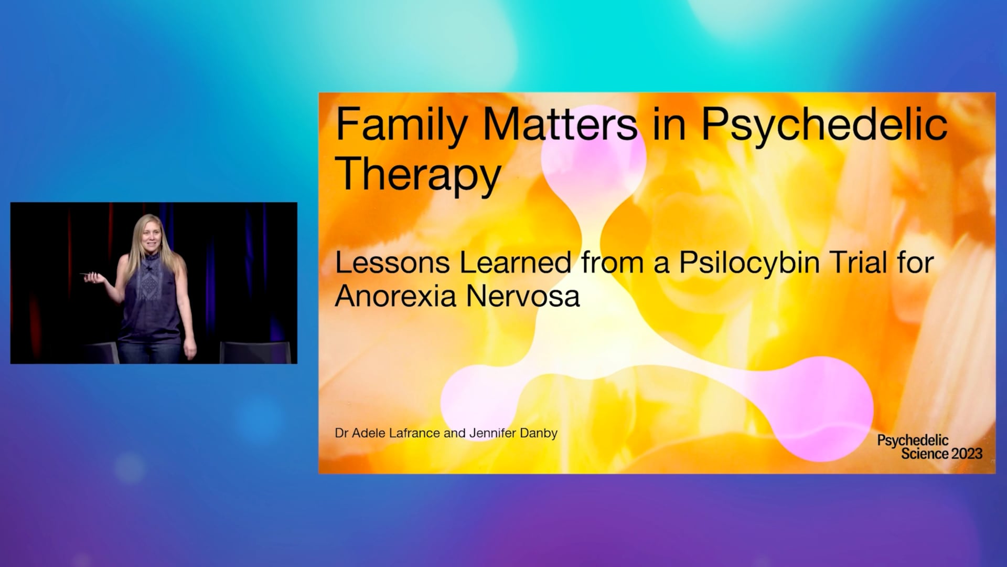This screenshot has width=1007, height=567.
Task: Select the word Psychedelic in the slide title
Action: (x=824, y=125)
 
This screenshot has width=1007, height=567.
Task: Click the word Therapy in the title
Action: (x=418, y=173)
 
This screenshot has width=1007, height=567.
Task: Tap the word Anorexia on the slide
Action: (x=397, y=296)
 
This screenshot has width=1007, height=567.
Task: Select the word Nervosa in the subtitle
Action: (x=523, y=296)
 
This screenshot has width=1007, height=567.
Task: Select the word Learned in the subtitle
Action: (x=515, y=262)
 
